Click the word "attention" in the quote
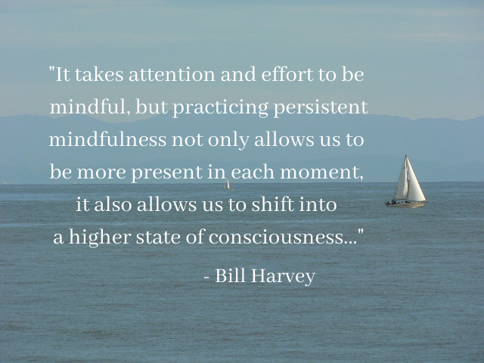[172, 75]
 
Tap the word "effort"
[287, 74]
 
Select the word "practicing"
[220, 108]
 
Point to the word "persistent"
[321, 108]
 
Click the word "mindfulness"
[107, 139]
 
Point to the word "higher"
[100, 237]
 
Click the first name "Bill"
[230, 275]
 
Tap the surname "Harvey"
[283, 276]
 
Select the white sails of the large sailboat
[410, 179]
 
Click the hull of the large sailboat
[405, 204]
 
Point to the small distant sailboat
[228, 184]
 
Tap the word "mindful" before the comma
[88, 107]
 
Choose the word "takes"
[99, 75]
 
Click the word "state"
[158, 237]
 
